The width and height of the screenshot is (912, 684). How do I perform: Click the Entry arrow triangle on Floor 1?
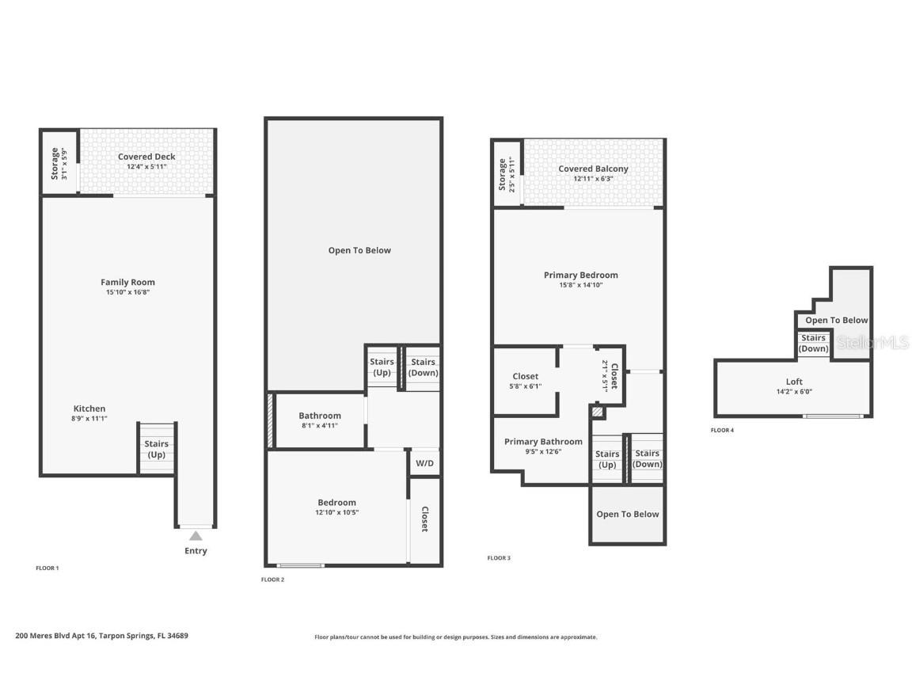tap(196, 536)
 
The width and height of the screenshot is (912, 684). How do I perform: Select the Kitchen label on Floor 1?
tap(89, 408)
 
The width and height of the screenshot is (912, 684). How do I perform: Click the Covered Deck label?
tap(146, 157)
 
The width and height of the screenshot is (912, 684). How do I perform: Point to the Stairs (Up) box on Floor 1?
tap(156, 449)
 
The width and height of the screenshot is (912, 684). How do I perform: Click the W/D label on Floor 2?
tap(424, 462)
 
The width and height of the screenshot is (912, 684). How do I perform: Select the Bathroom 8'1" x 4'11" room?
tap(320, 420)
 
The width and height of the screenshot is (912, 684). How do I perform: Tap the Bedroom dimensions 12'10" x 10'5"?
tap(336, 512)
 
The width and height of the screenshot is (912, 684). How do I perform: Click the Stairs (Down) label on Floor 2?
tap(424, 367)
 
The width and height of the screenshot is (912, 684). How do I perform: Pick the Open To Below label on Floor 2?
tap(359, 250)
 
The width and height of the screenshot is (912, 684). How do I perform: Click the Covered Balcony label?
tap(593, 169)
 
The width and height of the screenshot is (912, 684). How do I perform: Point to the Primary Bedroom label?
tap(580, 275)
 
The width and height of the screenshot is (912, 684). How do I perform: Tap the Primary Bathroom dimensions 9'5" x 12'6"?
tap(543, 452)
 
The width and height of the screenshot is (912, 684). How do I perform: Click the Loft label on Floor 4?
tap(793, 381)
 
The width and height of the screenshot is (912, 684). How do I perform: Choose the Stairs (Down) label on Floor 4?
tap(813, 344)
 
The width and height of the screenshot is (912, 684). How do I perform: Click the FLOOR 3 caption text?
tap(499, 558)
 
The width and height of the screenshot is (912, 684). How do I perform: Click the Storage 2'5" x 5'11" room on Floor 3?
tap(507, 173)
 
